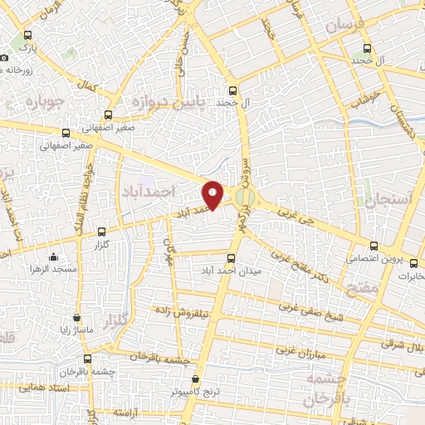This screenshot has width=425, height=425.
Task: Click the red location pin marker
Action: (x=214, y=194)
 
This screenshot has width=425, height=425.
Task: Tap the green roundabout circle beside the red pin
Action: (x=243, y=198)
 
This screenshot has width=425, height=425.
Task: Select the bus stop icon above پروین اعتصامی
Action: (x=375, y=246)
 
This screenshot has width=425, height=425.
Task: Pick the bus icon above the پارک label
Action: (x=29, y=36)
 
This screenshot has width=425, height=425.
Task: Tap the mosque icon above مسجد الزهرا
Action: (x=54, y=256)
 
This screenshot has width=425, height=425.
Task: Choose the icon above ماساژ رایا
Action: (x=76, y=316)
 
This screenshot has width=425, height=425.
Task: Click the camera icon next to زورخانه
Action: (x=5, y=57)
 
